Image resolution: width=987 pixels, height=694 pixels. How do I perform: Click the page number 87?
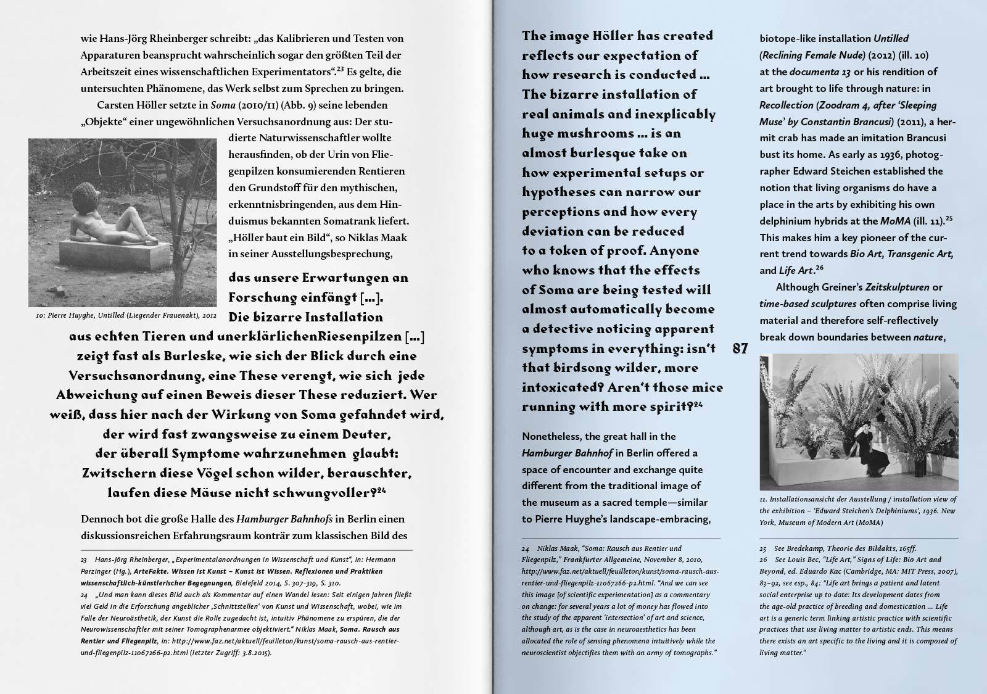click(740, 349)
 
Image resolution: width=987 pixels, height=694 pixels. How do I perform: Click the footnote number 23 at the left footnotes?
click(84, 560)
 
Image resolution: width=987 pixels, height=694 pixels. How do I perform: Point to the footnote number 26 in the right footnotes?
click(763, 560)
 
